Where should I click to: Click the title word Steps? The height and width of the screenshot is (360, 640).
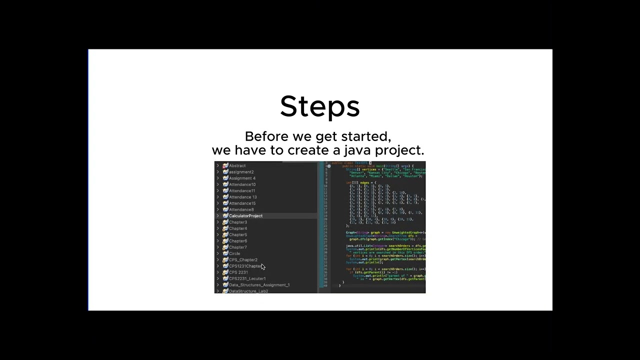click(319, 106)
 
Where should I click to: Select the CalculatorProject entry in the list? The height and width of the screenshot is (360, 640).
click(245, 216)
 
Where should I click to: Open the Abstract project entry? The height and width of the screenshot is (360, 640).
click(237, 165)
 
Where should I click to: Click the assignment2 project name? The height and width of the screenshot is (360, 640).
click(241, 172)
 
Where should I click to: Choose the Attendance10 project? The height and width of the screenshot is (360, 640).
click(242, 184)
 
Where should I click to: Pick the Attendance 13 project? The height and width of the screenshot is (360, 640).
click(242, 197)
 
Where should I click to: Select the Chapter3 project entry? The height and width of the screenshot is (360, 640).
click(238, 222)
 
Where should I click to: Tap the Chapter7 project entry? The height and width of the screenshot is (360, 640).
click(238, 247)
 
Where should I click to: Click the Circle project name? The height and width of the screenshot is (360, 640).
click(234, 253)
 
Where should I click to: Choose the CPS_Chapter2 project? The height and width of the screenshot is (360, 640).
click(243, 260)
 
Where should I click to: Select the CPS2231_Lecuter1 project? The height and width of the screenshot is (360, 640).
click(247, 278)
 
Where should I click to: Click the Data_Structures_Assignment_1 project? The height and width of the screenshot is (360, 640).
click(259, 285)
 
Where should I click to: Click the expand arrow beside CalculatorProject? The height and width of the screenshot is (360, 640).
click(217, 216)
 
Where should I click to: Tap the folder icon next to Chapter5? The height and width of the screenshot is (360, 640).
click(225, 234)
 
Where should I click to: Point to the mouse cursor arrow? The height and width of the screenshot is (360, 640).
click(263, 267)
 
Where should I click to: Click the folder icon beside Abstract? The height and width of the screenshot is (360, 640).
click(225, 165)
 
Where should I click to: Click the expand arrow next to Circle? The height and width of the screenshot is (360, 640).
click(217, 253)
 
